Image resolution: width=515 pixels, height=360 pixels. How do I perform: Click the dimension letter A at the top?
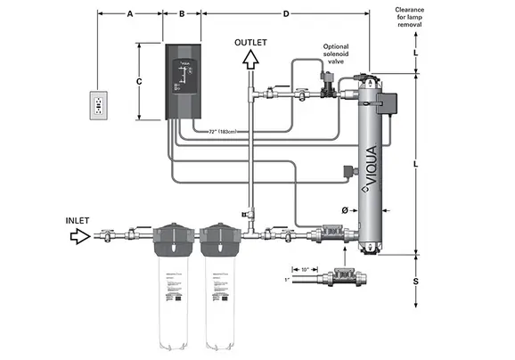[x=130, y=14]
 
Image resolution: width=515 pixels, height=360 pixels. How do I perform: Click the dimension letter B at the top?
[x=182, y=14]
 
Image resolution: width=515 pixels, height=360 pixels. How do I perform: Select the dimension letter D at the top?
[x=286, y=14]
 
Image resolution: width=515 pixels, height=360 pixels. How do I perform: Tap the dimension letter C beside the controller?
[x=139, y=81]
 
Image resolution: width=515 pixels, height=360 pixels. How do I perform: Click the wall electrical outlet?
[x=97, y=105]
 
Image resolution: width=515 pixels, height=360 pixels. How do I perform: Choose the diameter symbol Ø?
[x=344, y=209]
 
